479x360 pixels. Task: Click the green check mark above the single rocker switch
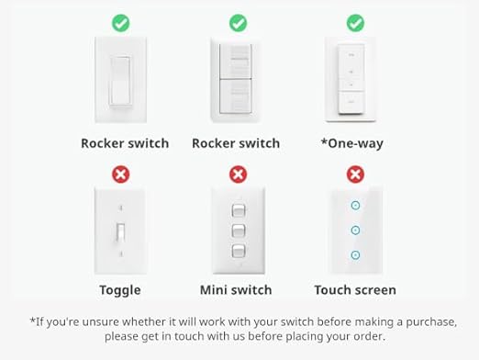120,22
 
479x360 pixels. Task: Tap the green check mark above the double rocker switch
238,22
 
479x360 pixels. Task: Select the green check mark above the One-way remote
355,22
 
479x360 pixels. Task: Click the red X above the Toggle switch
120,174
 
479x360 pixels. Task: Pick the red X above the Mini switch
238,174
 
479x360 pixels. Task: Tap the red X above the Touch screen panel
355,174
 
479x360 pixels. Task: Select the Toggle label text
120,290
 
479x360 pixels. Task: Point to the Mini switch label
236,290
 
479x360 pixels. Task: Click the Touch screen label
355,290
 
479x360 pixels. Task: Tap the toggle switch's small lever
120,232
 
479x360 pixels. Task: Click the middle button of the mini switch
238,230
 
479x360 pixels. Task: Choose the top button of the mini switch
238,210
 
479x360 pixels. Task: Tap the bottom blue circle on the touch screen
355,254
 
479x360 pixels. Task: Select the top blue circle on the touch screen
355,207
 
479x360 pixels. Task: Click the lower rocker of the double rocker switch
237,96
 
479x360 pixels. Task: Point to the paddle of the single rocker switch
120,80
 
